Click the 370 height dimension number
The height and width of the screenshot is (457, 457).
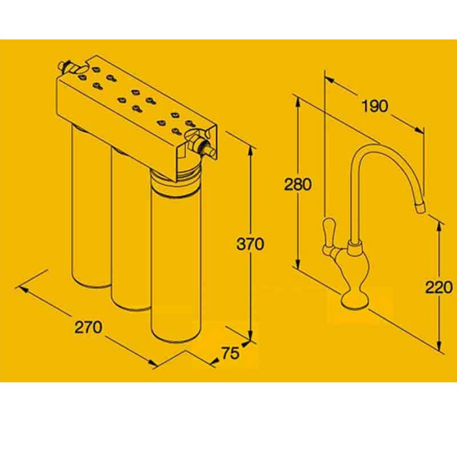250,244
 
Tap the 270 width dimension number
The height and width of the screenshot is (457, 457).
88,327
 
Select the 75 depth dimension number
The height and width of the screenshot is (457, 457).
230,353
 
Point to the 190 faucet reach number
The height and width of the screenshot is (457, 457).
375,106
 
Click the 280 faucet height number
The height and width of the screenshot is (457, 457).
297,184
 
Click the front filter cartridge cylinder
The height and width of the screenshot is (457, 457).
176,256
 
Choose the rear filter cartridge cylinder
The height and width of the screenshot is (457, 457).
91,204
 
